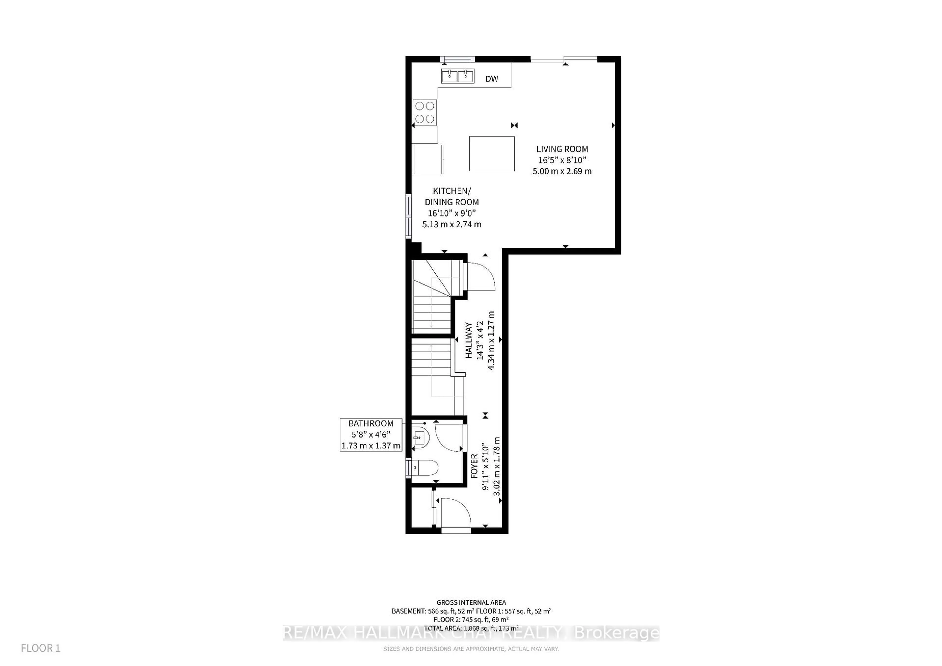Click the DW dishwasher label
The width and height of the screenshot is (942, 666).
click(492, 79)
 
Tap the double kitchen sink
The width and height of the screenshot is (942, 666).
click(458, 76)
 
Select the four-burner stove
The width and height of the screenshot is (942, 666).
click(425, 112)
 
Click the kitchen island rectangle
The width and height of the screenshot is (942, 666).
click(492, 153)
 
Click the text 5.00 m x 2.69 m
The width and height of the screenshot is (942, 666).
click(562, 171)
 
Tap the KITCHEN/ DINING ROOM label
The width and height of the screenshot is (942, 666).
click(452, 196)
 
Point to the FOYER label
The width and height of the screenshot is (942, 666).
click(474, 466)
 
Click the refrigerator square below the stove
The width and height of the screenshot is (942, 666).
click(428, 159)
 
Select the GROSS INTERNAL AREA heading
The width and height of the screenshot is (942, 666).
click(471, 602)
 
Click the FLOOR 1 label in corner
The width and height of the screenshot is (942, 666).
click(41, 648)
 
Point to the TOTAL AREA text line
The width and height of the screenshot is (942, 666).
click(471, 628)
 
